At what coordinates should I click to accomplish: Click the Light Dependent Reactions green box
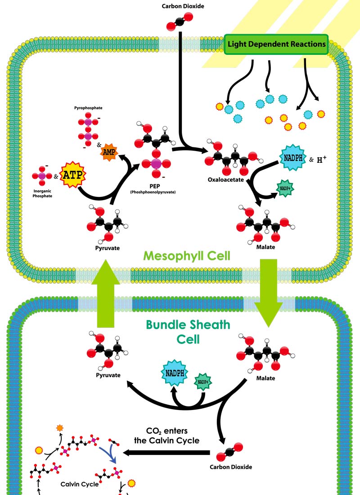276,45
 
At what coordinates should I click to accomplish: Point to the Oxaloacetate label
225,180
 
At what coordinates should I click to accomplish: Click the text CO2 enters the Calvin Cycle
166,436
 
